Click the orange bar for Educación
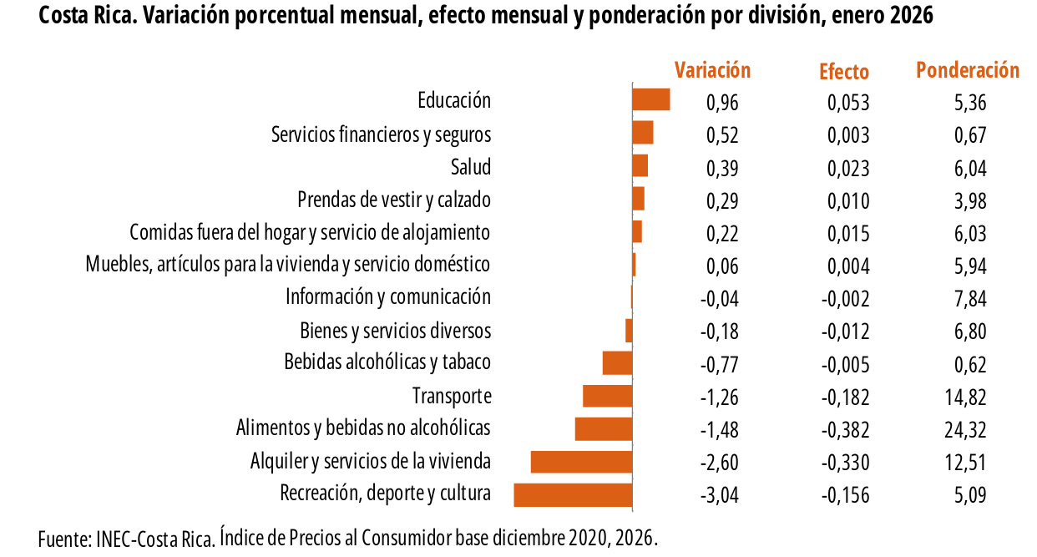[651, 99]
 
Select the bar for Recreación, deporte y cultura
[573, 494]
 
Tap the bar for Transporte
[607, 396]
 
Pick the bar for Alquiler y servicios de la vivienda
[581, 462]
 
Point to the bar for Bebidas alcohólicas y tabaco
[617, 363]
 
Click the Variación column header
[712, 70]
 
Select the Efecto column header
[844, 72]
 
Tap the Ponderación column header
[968, 70]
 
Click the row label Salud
[471, 167]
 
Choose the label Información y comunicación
[388, 297]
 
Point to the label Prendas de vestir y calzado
[394, 200]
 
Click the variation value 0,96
[722, 103]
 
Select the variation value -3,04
[719, 495]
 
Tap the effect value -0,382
[845, 430]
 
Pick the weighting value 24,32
[969, 430]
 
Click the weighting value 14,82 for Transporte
[969, 397]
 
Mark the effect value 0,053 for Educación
[848, 103]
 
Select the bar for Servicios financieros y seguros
[642, 134]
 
